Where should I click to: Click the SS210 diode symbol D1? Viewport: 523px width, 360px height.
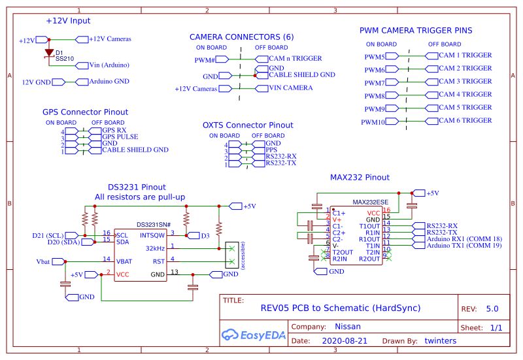coord(49,53)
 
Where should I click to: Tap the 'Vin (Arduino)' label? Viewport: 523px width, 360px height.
coord(109,65)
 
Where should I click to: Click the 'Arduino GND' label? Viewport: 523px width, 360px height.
coord(109,82)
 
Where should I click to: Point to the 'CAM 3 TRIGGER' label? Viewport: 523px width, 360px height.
coord(465,82)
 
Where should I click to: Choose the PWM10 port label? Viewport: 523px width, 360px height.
coord(373,122)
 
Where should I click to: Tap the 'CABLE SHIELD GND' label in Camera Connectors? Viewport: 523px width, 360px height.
coord(301,75)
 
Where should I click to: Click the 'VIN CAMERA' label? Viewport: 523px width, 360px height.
coord(290,88)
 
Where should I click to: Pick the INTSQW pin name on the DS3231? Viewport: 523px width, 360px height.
coord(152,235)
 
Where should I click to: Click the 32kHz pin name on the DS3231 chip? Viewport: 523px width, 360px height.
coord(155,248)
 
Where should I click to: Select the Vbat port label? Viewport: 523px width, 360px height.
coord(43,261)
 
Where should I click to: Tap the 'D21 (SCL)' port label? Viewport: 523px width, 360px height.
coord(48,235)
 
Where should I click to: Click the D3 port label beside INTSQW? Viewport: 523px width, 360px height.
coord(205,235)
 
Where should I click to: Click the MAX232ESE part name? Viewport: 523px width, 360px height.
coord(371,202)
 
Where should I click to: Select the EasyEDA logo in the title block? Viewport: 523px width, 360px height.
coord(251,335)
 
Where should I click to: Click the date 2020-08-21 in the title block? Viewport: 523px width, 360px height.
coord(345,340)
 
